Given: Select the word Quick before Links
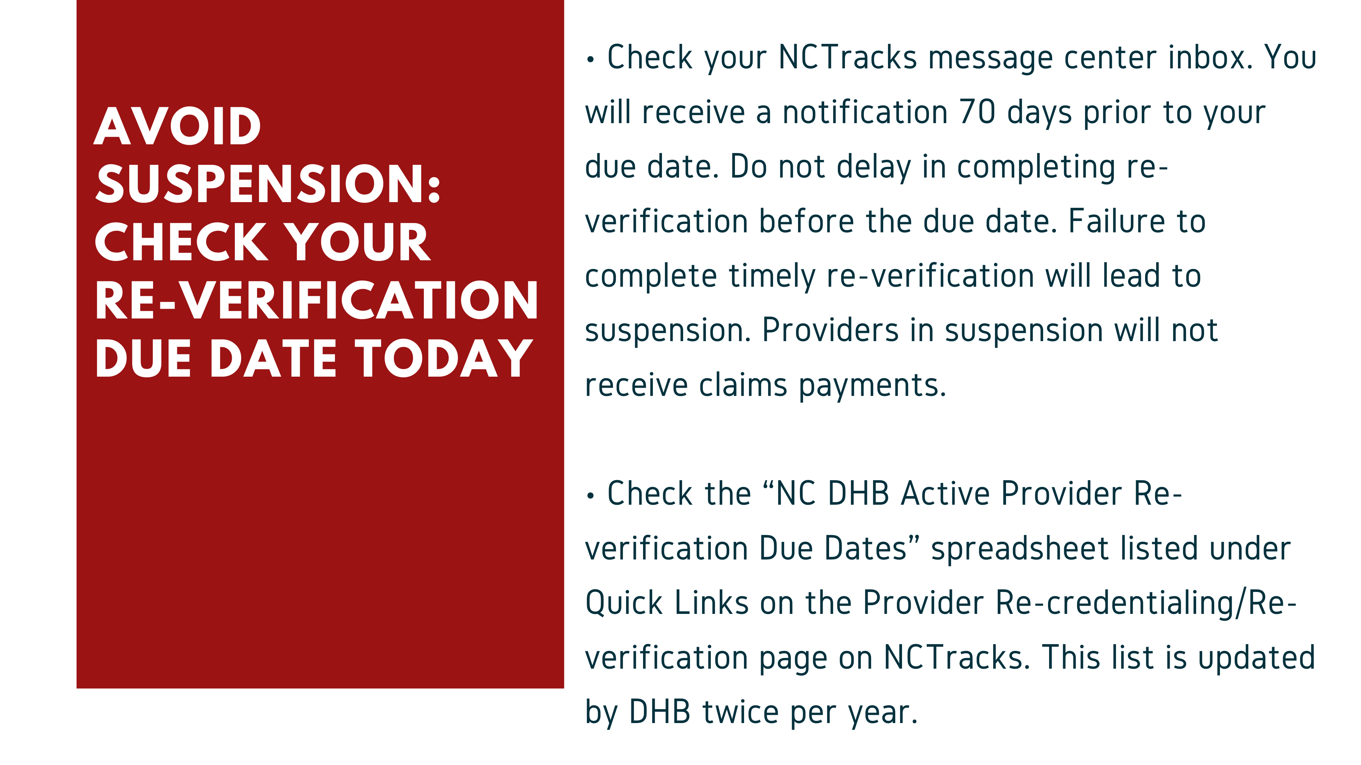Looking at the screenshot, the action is (624, 603).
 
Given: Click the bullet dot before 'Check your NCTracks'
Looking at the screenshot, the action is (590, 60).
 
